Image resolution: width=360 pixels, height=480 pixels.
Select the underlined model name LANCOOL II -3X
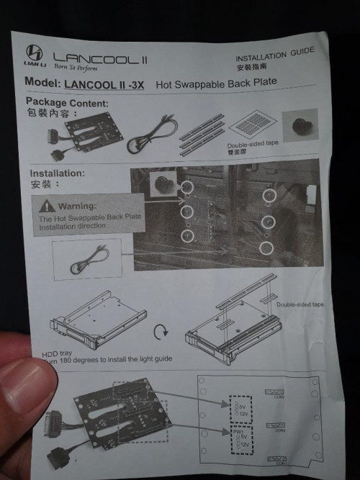tap(104, 83)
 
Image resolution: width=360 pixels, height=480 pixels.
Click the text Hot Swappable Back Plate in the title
tap(216, 81)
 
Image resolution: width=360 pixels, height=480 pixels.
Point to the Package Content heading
tap(68, 102)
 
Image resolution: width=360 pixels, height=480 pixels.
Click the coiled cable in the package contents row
tap(151, 133)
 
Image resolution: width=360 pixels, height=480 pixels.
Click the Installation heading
tap(57, 173)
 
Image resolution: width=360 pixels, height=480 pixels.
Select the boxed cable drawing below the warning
tap(87, 259)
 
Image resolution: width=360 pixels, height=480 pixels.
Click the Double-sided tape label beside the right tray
tap(300, 304)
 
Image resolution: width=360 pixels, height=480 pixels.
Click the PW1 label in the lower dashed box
tap(237, 433)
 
